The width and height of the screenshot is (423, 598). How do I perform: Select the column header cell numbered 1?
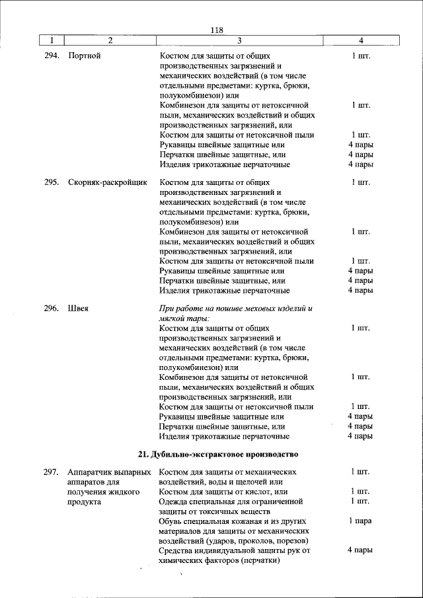coord(52,41)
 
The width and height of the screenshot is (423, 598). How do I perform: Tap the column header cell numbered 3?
coord(239,41)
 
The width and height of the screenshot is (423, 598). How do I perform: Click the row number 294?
coord(52,56)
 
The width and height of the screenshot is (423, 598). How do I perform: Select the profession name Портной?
coord(84,56)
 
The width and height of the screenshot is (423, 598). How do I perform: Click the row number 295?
coord(52,182)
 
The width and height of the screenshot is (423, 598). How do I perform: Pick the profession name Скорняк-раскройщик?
coord(107,182)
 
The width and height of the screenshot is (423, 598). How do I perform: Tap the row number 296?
coord(52,308)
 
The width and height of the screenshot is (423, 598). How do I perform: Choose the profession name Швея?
coord(79,308)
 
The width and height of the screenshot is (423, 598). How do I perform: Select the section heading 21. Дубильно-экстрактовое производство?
coord(218,454)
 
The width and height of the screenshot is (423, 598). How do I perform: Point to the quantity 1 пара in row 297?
coord(360,521)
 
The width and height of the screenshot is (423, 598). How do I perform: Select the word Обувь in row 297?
coord(173,521)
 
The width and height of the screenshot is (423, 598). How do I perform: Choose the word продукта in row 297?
coord(84,502)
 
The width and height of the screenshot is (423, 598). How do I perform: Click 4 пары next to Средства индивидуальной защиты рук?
coord(360,550)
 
